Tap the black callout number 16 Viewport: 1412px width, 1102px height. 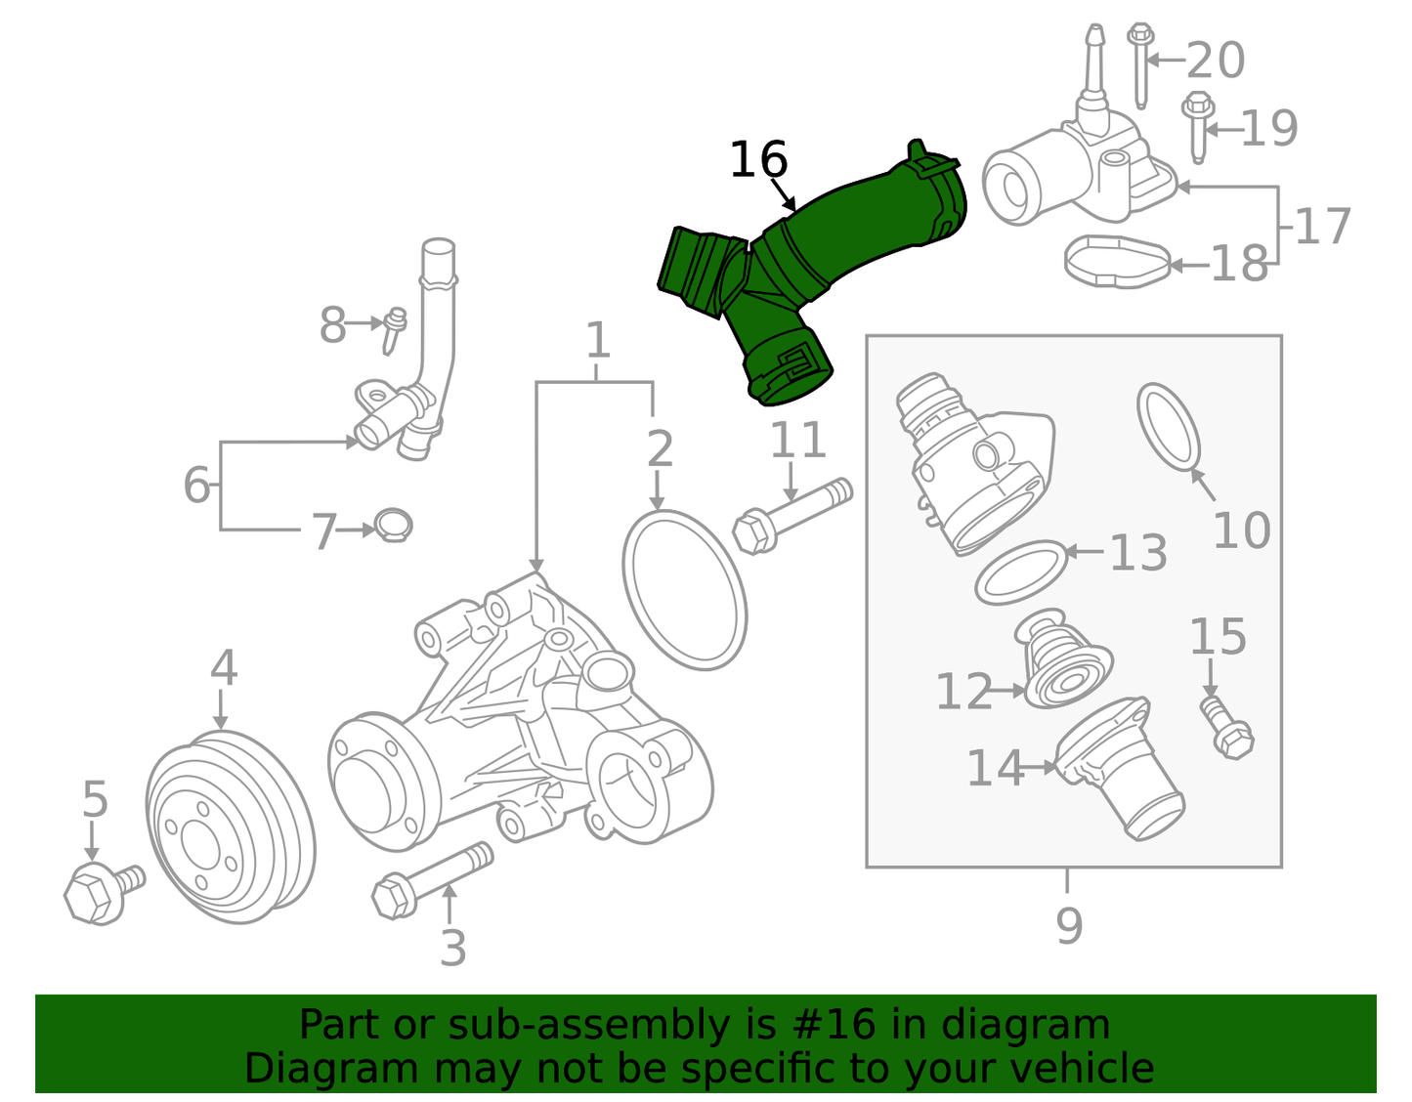pos(758,160)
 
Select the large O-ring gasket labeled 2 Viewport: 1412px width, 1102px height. pos(684,590)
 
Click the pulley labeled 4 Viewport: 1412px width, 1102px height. pos(230,826)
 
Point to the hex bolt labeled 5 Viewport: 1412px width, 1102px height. pos(98,892)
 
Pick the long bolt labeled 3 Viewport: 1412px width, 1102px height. pos(430,880)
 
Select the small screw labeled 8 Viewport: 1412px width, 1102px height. pos(394,330)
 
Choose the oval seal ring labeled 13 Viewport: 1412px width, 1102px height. pos(1020,572)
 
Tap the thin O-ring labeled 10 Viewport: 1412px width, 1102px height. pos(1169,426)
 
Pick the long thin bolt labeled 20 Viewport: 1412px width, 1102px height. pos(1139,63)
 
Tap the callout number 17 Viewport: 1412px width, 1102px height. pos(1323,227)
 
